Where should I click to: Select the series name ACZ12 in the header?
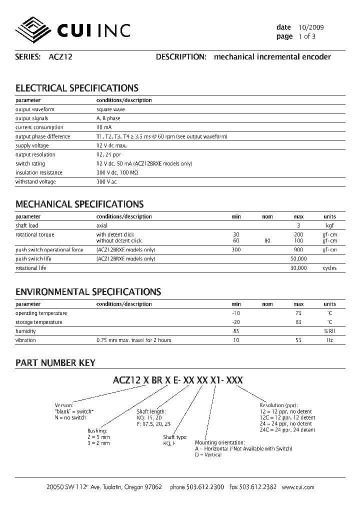click(60, 57)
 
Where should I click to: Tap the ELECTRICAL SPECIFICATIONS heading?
click(77, 88)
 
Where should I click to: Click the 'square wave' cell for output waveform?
click(110, 109)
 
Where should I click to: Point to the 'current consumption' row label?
click(35, 127)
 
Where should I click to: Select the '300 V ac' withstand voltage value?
click(106, 181)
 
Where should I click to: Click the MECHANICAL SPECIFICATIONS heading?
click(79, 204)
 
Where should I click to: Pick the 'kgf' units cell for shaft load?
click(329, 225)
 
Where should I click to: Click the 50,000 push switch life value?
click(298, 258)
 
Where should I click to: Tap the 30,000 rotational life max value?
click(298, 268)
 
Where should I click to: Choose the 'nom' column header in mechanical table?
click(267, 216)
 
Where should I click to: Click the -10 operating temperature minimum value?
click(236, 313)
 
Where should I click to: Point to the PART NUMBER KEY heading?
click(55, 363)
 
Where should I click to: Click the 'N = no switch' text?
click(70, 417)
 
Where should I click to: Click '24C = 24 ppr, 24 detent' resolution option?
click(287, 430)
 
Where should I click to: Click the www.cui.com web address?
click(298, 487)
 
